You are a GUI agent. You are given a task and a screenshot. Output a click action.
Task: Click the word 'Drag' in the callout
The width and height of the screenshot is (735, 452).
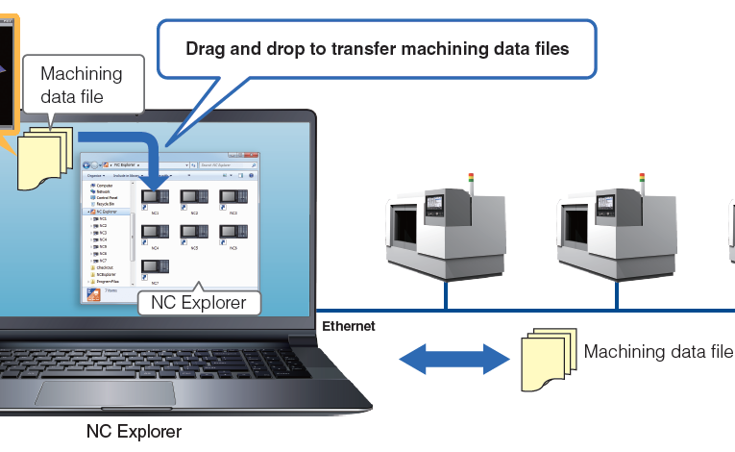point(205,47)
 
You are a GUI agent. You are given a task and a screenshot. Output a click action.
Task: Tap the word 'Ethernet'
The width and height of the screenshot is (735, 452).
point(348,327)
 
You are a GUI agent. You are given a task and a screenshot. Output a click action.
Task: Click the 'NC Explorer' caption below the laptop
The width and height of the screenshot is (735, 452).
point(134,431)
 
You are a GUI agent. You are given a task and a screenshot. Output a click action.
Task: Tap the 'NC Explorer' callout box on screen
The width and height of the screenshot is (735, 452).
point(199,303)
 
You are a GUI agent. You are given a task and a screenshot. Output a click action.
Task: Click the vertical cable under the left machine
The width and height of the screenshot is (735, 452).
point(446,295)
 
